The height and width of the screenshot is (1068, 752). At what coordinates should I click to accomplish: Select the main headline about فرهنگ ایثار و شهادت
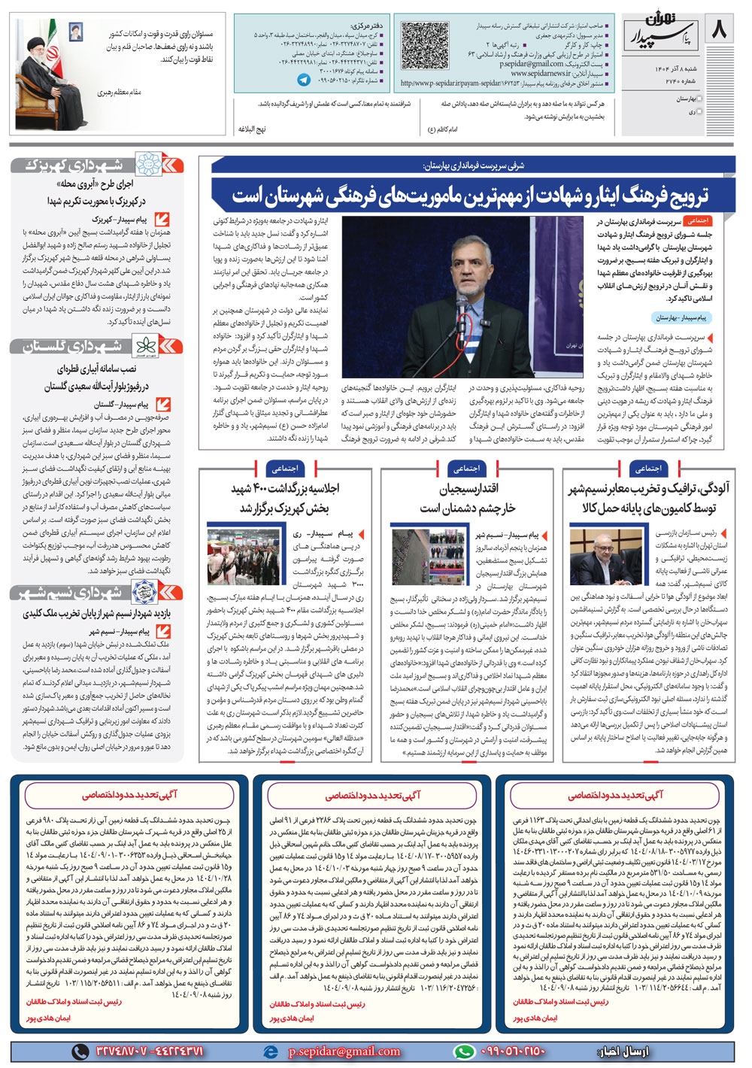(x=470, y=196)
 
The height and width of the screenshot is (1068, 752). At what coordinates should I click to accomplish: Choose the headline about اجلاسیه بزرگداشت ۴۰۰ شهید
(x=285, y=499)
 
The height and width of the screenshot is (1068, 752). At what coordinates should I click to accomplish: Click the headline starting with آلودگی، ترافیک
(x=648, y=499)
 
